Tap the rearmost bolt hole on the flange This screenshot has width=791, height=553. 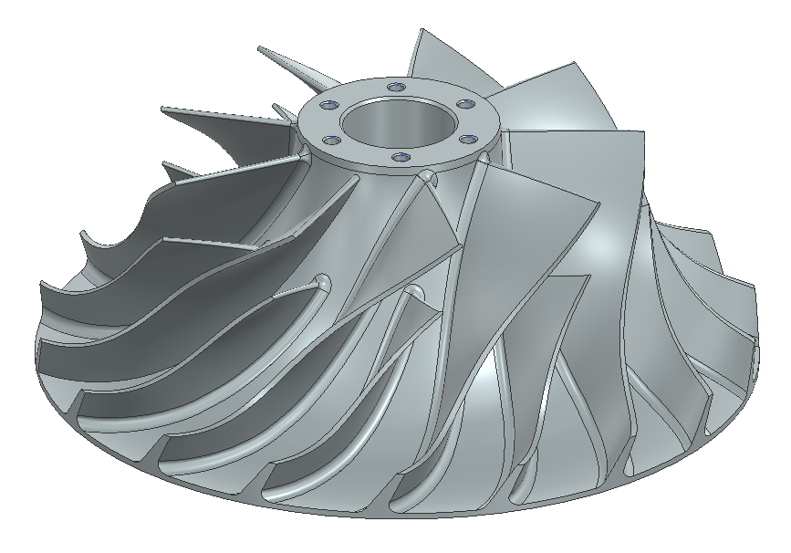tap(395, 86)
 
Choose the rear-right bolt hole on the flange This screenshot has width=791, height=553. tap(467, 101)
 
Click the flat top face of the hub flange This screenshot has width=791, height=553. tap(429, 151)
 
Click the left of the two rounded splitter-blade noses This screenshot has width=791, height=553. tap(322, 277)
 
